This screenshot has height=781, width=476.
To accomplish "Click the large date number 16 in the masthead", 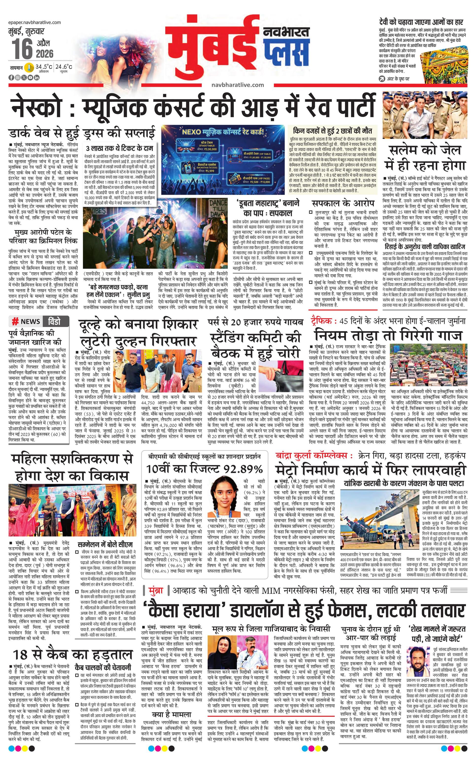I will (x=22, y=49).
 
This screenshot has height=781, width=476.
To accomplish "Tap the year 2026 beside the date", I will (x=45, y=54).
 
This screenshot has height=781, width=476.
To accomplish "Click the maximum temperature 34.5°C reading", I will (x=44, y=67).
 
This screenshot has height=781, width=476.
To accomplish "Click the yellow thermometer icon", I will (x=29, y=67).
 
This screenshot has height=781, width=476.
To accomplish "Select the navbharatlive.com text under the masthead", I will (x=238, y=85).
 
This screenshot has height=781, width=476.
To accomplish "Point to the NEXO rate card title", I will (x=223, y=131).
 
